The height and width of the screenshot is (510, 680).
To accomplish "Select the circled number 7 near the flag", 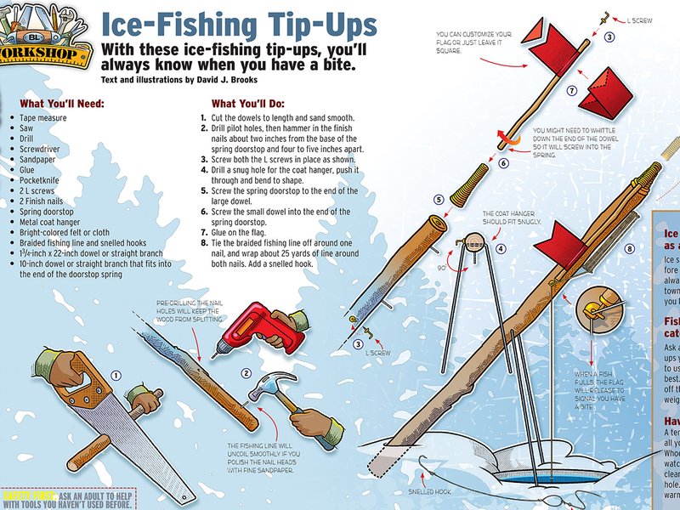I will click(572, 90).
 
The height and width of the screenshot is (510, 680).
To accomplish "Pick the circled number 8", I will click(630, 249).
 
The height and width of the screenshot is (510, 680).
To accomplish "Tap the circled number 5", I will click(439, 200).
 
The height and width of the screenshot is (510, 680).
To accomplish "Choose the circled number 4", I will click(501, 248).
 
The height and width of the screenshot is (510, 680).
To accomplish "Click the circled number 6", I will click(503, 162).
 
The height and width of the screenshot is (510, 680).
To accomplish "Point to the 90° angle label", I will click(443, 267).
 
